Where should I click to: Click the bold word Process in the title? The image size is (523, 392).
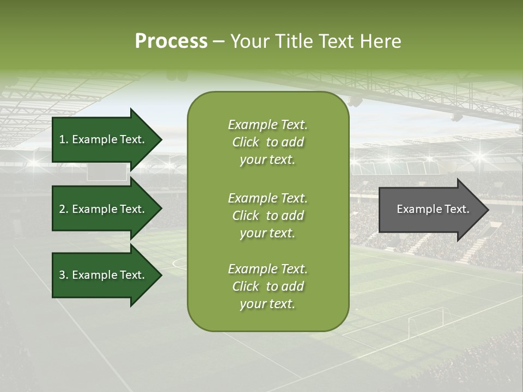(171, 41)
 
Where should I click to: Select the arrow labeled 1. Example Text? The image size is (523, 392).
(104, 139)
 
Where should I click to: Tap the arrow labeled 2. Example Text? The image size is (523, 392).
(104, 209)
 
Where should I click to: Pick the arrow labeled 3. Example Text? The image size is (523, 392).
(104, 275)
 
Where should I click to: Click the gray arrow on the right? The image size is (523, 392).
(430, 209)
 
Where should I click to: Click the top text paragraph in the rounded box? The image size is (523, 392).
(267, 142)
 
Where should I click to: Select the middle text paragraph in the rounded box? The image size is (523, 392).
(267, 216)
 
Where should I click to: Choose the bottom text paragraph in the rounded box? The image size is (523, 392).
(267, 286)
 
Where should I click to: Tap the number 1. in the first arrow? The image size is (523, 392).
(63, 139)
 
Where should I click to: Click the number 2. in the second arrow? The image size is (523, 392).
(63, 209)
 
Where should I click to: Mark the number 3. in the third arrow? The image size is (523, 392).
(63, 275)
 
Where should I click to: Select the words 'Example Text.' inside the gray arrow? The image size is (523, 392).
(433, 209)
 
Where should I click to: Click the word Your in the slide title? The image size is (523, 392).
(252, 41)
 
